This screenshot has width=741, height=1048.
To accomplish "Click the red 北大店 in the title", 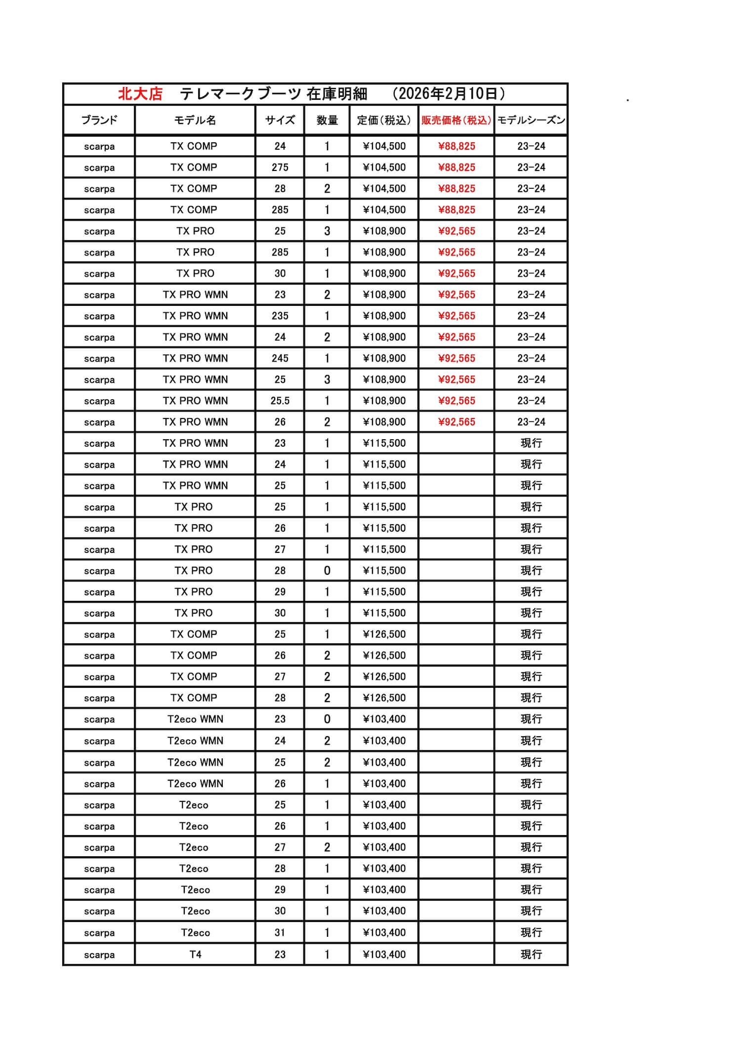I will [140, 94].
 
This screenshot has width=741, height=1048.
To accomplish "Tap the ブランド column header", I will [99, 120].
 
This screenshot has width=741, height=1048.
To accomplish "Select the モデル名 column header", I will [195, 120].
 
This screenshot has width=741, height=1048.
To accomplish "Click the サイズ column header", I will [280, 120].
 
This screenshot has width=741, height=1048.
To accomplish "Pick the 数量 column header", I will [327, 120].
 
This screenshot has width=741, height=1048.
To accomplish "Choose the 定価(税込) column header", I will [384, 120].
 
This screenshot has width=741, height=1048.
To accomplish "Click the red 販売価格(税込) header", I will [456, 120].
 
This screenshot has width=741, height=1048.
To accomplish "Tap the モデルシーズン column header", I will [531, 120].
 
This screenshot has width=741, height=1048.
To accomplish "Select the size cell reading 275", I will [280, 168].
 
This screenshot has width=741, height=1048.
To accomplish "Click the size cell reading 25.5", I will [280, 401].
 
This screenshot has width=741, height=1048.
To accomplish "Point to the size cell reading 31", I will [280, 932].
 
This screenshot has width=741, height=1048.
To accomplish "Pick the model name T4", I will [195, 954].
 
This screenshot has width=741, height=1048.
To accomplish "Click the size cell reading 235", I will [280, 316].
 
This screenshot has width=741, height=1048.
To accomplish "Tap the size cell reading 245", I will [280, 358].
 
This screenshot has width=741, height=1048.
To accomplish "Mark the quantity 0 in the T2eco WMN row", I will [327, 719].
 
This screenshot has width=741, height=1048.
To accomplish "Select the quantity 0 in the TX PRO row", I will [327, 571].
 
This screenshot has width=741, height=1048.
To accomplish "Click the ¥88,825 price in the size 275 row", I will [456, 168].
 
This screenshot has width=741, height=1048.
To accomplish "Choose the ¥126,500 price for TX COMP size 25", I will [384, 634].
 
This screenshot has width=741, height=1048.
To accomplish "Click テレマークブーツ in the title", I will [240, 94].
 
